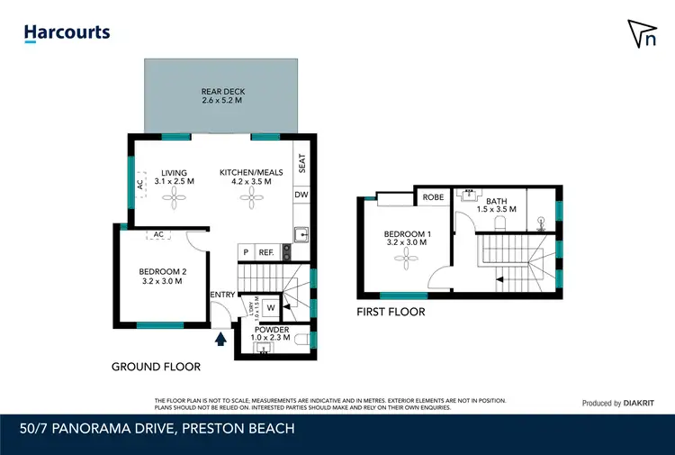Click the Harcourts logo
[x=67, y=33]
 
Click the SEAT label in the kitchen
[x=302, y=163]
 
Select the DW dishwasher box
[x=302, y=195]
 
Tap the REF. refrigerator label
[x=266, y=253]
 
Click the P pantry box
[x=244, y=253]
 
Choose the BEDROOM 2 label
[x=162, y=276]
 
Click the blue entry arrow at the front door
[x=220, y=339]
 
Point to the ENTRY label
[x=221, y=295]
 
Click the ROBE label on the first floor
[x=432, y=198]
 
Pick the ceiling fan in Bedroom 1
[x=405, y=259]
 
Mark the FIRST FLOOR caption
[x=391, y=312]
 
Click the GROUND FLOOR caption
[x=156, y=367]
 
